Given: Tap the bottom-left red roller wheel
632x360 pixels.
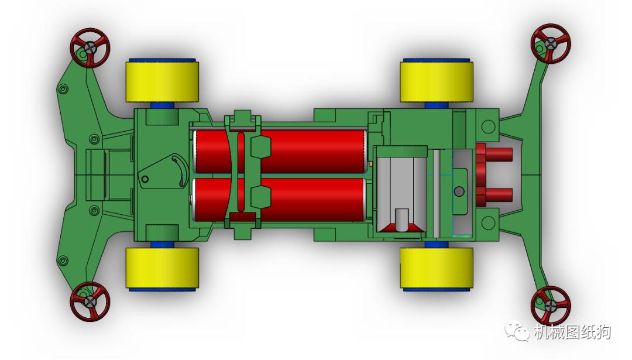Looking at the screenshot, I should [x=90, y=301].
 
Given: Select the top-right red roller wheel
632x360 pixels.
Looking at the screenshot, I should [x=551, y=43].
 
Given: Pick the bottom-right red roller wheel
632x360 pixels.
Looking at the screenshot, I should [x=551, y=306].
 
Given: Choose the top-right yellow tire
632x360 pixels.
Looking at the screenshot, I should [x=436, y=81].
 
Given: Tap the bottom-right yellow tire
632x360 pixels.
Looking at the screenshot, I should [x=436, y=268].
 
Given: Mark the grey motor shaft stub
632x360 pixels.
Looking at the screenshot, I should [x=401, y=220].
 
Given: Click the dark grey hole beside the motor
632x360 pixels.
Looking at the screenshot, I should [x=459, y=191].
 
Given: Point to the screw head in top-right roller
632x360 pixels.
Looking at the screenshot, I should [x=551, y=43].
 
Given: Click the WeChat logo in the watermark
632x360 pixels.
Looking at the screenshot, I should [x=518, y=332].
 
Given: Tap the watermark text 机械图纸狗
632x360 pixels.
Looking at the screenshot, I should [x=572, y=332].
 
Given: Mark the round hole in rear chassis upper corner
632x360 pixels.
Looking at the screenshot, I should [x=486, y=124].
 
